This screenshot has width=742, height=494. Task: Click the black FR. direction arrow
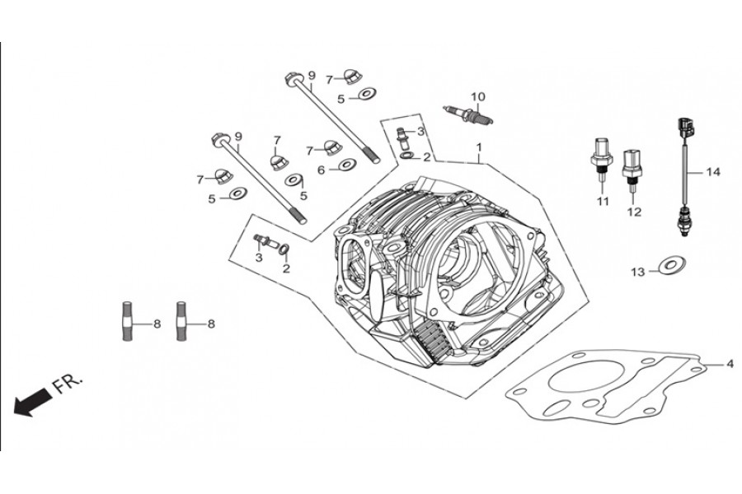(32, 401)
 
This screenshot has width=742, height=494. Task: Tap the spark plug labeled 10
(468, 115)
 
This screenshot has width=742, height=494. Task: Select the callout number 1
(479, 147)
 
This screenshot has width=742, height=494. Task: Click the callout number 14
(712, 172)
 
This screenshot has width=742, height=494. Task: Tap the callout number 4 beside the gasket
(730, 364)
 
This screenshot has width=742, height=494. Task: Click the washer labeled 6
(347, 165)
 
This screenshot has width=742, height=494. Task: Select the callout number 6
(322, 170)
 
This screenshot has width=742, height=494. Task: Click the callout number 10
(478, 97)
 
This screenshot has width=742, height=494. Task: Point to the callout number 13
(638, 273)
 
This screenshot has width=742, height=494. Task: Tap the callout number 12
(634, 212)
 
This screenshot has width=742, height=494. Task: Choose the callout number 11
(602, 202)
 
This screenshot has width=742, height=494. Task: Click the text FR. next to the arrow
(68, 384)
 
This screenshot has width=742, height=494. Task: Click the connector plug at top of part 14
(683, 127)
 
